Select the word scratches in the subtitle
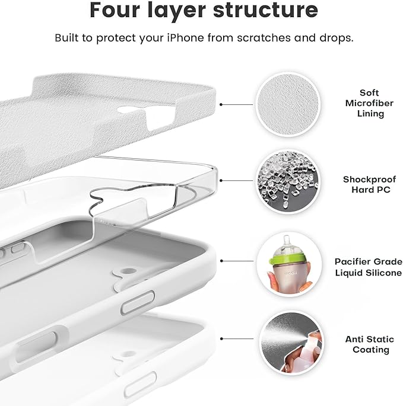tap(264, 38)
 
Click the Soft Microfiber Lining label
tap(369, 103)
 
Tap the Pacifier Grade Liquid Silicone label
tap(368, 266)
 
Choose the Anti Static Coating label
tap(369, 344)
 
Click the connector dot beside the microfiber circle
tap(221, 104)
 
